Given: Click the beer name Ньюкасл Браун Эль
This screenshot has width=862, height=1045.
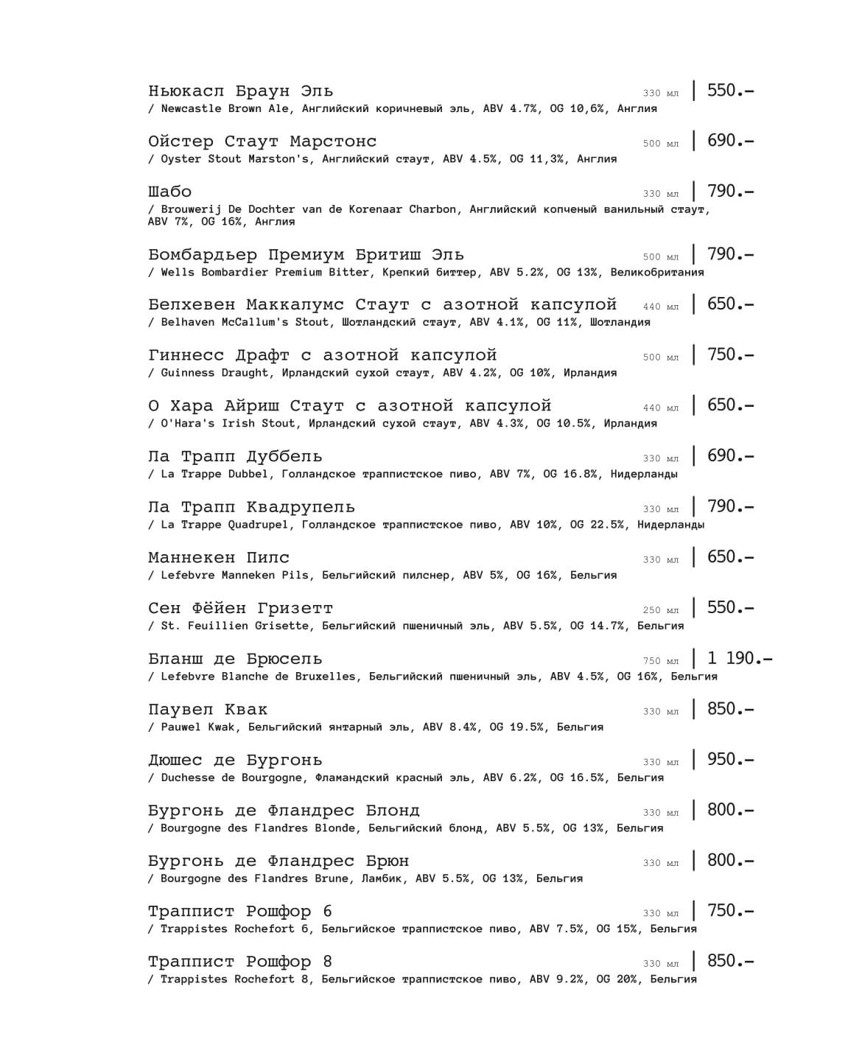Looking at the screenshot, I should pyautogui.click(x=240, y=91).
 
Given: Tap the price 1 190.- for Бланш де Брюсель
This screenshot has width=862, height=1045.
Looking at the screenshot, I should pyautogui.click(x=739, y=658).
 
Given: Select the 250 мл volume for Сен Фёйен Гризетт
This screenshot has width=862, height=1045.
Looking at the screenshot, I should pyautogui.click(x=660, y=610).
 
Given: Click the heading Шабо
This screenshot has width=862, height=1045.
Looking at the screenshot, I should pyautogui.click(x=169, y=192).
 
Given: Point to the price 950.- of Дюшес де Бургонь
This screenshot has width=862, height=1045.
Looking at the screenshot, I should pyautogui.click(x=729, y=759).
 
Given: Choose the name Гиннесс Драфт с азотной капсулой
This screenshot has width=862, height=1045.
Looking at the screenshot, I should pyautogui.click(x=322, y=355).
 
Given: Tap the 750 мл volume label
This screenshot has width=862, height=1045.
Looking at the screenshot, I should pyautogui.click(x=660, y=661).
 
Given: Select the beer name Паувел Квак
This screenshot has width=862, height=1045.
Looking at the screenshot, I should pyautogui.click(x=207, y=710).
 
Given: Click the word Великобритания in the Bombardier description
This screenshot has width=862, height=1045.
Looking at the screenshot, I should pyautogui.click(x=656, y=273).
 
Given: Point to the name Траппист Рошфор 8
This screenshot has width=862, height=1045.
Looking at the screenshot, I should pyautogui.click(x=239, y=962).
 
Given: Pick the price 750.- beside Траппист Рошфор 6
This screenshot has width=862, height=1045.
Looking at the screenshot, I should pyautogui.click(x=729, y=911).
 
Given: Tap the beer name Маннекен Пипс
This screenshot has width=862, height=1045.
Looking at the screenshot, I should pyautogui.click(x=218, y=558).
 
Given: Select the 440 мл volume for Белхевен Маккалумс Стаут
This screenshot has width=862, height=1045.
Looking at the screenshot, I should pyautogui.click(x=660, y=307).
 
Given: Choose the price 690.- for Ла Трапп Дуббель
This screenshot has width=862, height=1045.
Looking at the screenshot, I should pyautogui.click(x=729, y=455).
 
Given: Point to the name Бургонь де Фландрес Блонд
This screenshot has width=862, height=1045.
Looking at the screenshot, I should pyautogui.click(x=284, y=811).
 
